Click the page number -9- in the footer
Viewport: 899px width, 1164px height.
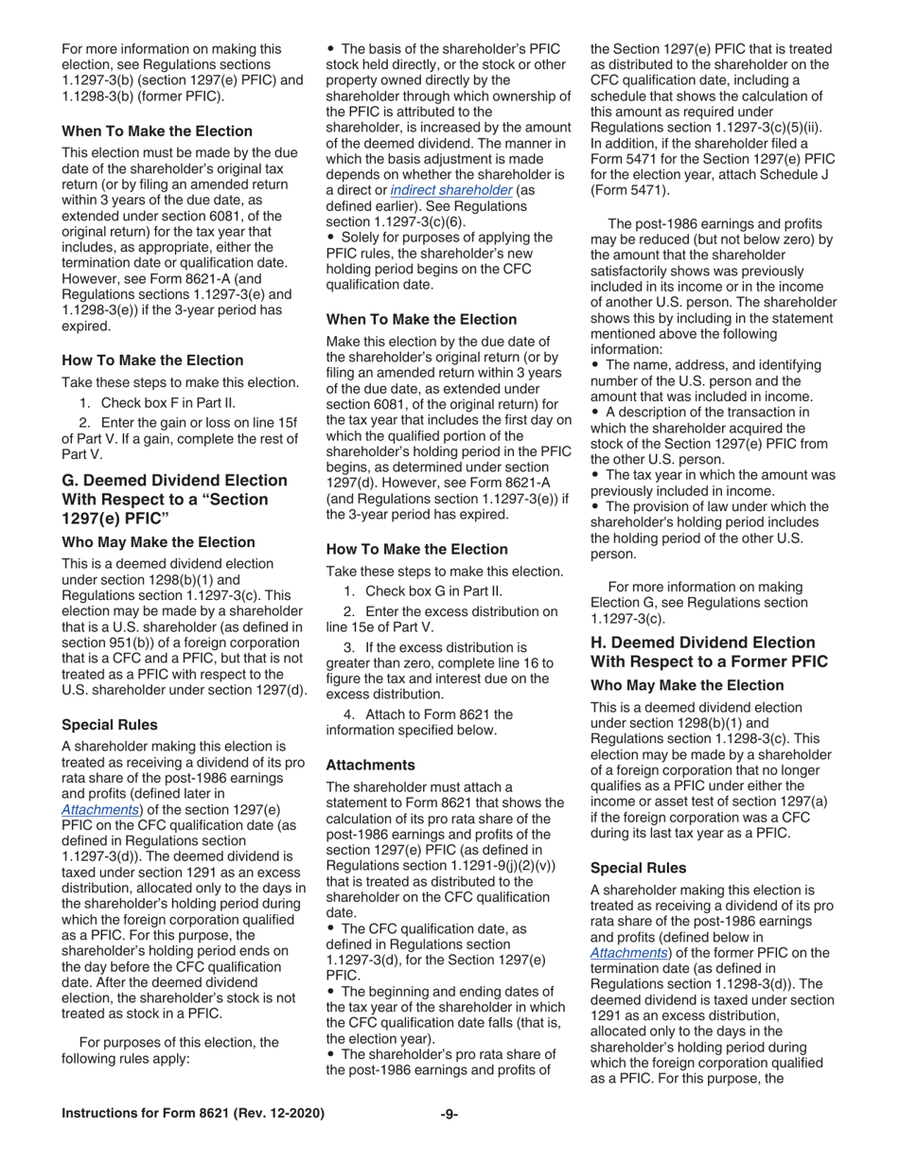449,1114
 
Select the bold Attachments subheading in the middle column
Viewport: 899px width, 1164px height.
370,765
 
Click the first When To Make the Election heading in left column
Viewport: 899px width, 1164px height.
157,132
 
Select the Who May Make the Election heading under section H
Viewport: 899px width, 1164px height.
686,685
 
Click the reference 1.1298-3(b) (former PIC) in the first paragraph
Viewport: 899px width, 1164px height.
142,97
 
